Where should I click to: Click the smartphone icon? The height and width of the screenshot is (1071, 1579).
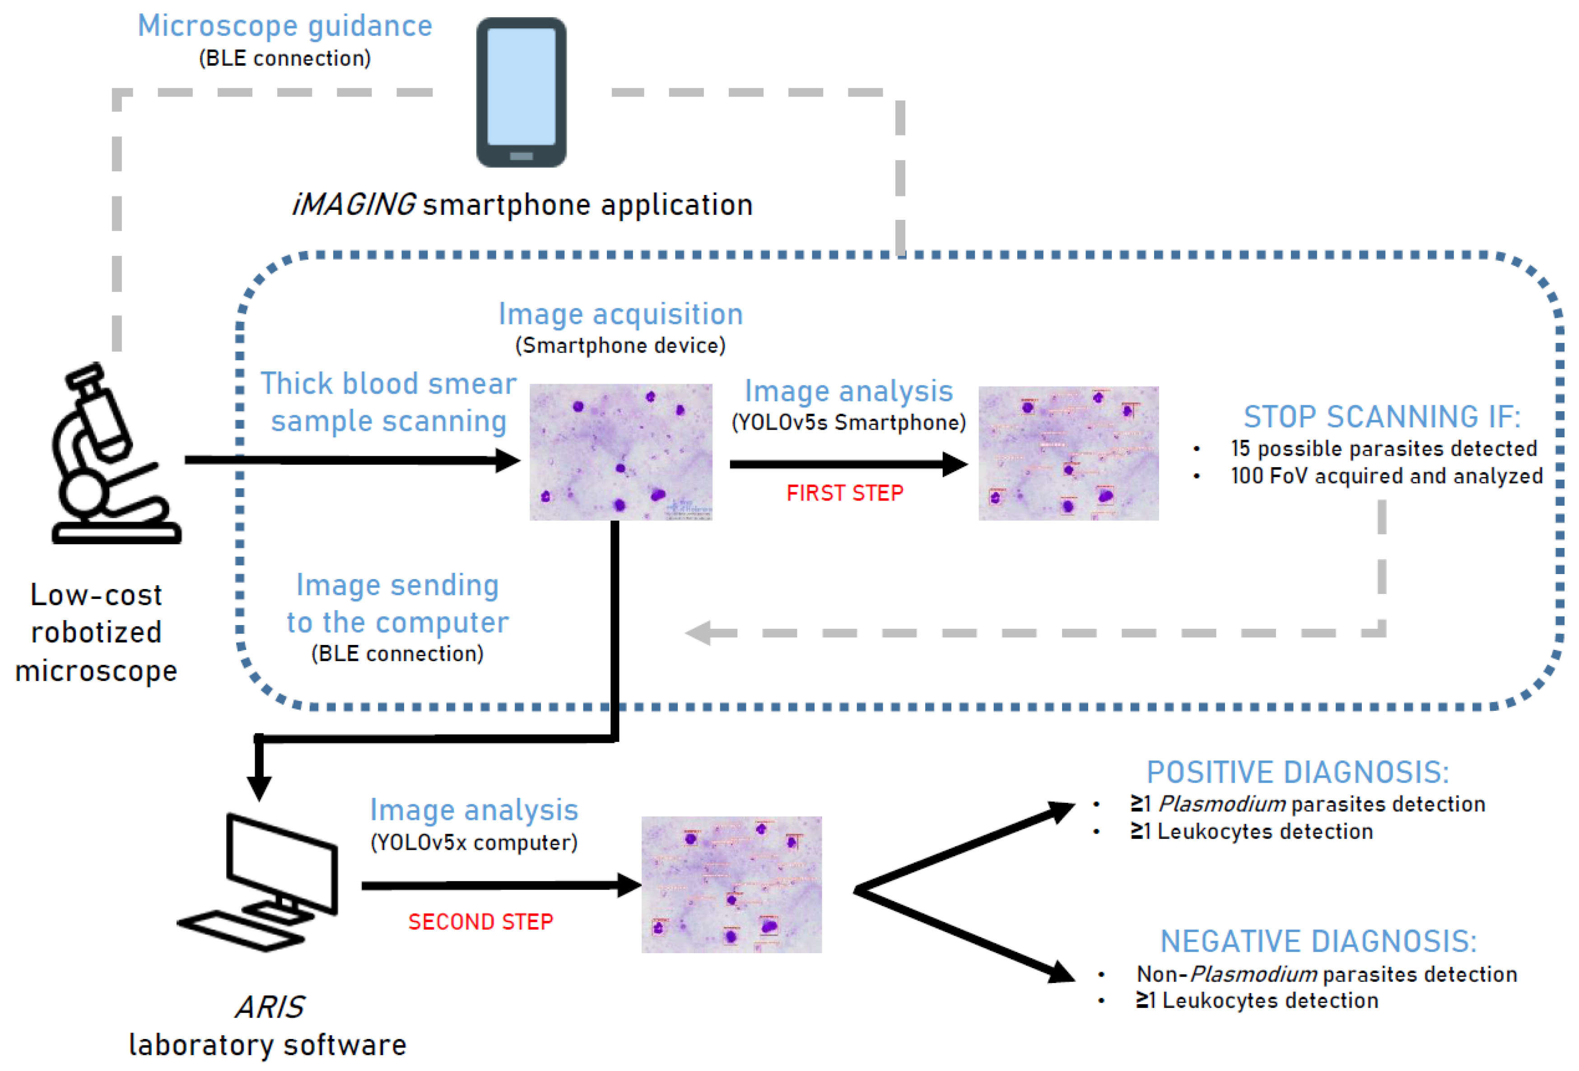click(521, 93)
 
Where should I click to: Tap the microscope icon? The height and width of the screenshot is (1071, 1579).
click(109, 455)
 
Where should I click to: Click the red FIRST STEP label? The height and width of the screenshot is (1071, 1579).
click(844, 493)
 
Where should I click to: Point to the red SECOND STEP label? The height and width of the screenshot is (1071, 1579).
click(480, 922)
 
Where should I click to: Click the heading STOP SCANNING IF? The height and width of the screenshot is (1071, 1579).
click(1381, 416)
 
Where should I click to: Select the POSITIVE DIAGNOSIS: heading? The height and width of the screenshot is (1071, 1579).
click(1298, 772)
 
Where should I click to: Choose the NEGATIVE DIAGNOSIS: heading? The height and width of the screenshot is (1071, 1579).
click(1318, 941)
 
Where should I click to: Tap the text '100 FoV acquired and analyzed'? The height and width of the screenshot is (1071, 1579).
click(1386, 476)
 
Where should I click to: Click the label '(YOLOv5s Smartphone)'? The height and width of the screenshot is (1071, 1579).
click(848, 422)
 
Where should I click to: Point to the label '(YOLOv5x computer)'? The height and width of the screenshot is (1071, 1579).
click(474, 842)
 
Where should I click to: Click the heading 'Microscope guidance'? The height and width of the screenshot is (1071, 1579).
click(284, 26)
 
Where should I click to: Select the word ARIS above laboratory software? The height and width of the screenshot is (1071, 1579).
click(270, 1006)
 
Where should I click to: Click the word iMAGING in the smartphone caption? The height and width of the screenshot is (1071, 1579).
click(353, 204)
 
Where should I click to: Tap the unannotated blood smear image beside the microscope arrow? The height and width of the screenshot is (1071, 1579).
click(620, 452)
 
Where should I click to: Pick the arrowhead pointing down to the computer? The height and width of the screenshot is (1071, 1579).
click(259, 788)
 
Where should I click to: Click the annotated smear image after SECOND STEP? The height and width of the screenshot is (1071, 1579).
click(731, 884)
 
